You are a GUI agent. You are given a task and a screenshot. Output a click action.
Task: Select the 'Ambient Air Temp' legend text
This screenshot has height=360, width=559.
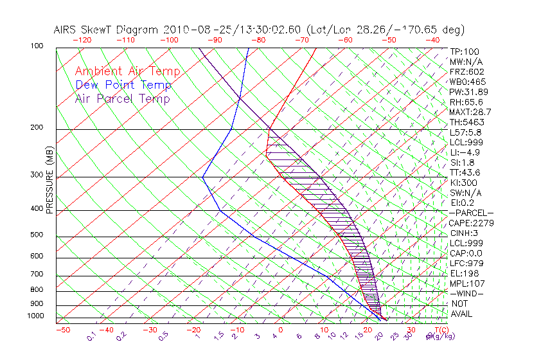(x=128, y=72)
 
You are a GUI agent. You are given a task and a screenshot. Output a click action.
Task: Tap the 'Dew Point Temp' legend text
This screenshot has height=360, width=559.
(x=123, y=85)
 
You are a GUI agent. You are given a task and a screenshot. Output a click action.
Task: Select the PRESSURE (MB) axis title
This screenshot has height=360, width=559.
(x=49, y=181)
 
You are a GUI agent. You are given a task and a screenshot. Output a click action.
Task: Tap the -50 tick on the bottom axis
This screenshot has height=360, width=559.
(x=62, y=330)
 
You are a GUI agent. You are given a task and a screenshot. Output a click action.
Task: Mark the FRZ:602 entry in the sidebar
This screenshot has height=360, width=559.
(x=466, y=72)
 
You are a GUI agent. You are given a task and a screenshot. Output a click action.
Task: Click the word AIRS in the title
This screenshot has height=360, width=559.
(x=66, y=30)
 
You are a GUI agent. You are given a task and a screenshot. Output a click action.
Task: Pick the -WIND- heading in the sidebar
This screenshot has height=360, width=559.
(x=467, y=293)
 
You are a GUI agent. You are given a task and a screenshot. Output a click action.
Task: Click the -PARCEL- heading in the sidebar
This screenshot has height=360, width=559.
(x=471, y=213)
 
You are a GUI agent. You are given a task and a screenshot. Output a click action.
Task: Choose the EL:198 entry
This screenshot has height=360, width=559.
(x=465, y=273)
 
